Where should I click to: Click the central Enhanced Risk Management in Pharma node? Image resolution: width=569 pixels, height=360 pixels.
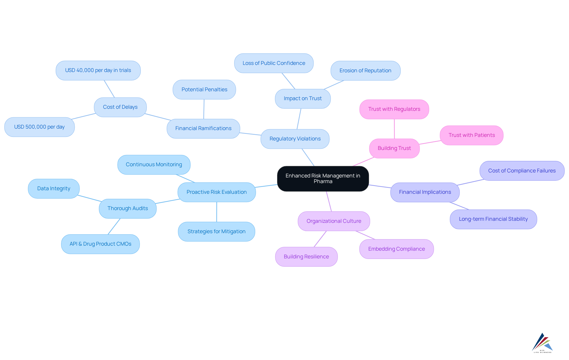coord(323,179)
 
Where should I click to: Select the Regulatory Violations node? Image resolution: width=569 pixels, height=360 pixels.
coord(295,139)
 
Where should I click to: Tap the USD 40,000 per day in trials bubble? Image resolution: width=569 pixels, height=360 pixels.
coord(98,71)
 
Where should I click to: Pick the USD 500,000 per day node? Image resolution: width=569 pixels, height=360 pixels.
coord(39,127)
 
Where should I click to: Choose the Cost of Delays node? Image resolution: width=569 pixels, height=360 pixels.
coord(120,107)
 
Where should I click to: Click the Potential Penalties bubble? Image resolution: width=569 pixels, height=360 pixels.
coord(204,89)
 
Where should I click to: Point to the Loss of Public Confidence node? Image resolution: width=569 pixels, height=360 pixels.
coord(274,63)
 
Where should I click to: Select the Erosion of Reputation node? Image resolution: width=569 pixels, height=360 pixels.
coord(365,71)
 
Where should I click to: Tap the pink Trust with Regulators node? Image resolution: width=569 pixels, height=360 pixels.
coord(394,109)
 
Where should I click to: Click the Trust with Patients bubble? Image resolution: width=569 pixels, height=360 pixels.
coord(471,135)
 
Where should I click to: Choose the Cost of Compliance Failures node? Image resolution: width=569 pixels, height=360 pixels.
coord(522,171)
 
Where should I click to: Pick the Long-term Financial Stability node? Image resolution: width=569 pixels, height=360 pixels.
coord(493,219)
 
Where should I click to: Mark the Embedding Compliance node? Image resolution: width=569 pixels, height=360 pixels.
coord(396,249)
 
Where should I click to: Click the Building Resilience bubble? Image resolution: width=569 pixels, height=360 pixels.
coord(306,257)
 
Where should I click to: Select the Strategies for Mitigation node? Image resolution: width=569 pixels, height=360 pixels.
coord(216,231)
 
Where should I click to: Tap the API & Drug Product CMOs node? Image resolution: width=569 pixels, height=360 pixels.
coord(100,244)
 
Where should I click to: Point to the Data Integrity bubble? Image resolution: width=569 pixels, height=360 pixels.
coord(54,188)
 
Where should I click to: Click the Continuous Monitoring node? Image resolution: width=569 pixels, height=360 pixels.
coord(154,164)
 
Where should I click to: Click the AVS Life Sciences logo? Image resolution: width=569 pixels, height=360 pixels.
coord(542,343)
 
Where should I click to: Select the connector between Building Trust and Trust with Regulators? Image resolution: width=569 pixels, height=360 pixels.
coord(394,129)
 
